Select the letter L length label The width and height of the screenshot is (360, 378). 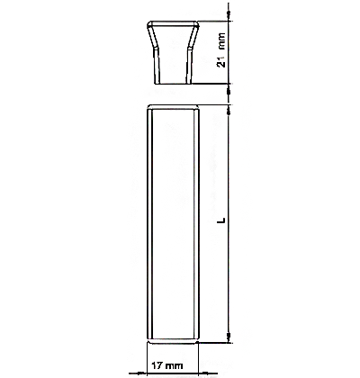221,220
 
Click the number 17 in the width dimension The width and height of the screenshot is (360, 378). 157,365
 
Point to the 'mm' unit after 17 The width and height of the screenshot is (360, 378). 174,366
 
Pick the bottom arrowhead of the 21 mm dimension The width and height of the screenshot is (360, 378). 229,88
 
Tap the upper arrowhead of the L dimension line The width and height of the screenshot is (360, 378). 229,110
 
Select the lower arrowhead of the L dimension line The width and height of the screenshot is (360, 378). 229,337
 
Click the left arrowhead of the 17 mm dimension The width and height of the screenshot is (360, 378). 141,373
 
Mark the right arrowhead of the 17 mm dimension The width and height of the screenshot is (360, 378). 204,373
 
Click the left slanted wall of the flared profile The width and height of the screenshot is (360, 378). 153,36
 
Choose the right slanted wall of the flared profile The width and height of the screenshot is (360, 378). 193,36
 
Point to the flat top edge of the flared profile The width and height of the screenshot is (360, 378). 173,22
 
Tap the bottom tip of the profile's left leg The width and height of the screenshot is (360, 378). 157,84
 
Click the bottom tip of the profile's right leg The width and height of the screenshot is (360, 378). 189,84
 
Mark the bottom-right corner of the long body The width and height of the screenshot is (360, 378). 198,341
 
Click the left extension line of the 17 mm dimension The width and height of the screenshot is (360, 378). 147,358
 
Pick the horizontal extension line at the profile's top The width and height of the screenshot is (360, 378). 213,21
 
